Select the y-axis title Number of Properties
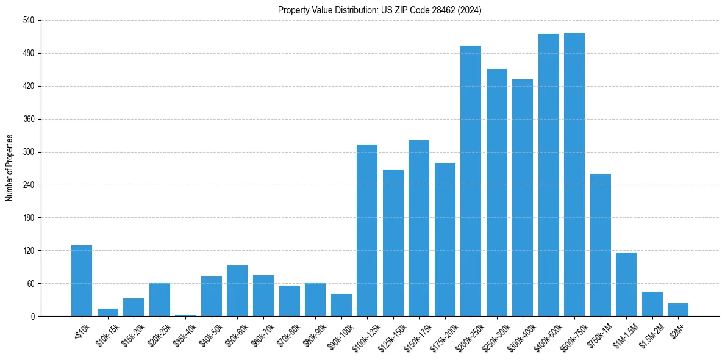click(x=9, y=168)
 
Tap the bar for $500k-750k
click(x=574, y=175)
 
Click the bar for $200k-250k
click(x=471, y=181)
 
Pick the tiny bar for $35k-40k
click(x=185, y=315)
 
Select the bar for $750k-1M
click(x=600, y=245)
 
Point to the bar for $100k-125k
click(x=367, y=231)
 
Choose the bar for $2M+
click(x=678, y=310)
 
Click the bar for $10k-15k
click(x=108, y=312)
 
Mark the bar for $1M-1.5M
click(x=626, y=284)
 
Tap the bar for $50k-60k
click(x=237, y=291)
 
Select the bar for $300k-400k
click(x=523, y=198)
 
